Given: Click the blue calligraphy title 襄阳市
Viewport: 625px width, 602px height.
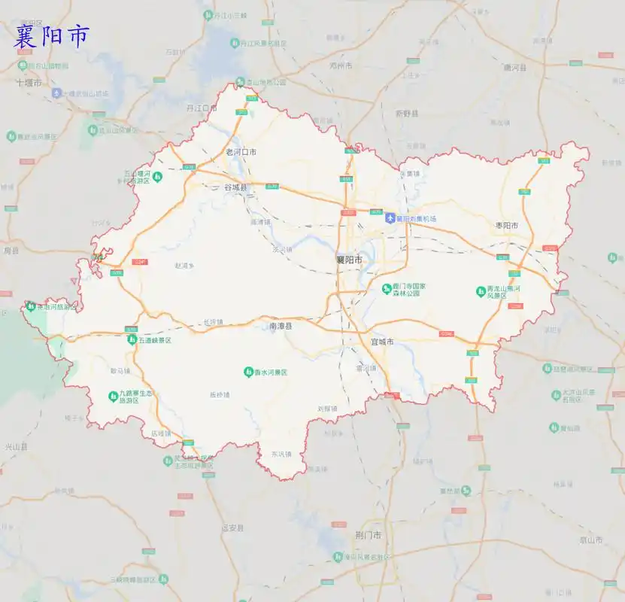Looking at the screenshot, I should [x=51, y=36].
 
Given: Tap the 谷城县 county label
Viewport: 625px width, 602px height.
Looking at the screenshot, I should [x=235, y=187].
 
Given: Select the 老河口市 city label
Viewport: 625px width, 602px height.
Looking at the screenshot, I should [x=241, y=152].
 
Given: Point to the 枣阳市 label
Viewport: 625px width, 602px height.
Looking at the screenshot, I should [x=507, y=226].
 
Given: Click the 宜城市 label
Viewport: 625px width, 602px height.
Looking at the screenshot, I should [x=382, y=342].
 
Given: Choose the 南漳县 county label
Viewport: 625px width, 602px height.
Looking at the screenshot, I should [x=281, y=327].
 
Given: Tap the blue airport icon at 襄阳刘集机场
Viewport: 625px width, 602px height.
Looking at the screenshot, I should [x=390, y=218].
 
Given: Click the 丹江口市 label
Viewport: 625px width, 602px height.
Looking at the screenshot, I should [x=202, y=108].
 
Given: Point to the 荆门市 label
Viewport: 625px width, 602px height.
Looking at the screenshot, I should [x=368, y=535].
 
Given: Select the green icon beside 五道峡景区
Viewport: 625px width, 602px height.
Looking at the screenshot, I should [x=132, y=340].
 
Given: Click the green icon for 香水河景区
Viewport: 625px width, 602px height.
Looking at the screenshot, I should [x=248, y=372].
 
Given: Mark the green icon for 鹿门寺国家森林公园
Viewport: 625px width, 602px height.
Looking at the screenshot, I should [x=385, y=287].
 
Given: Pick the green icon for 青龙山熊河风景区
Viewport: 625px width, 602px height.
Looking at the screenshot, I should [x=481, y=290].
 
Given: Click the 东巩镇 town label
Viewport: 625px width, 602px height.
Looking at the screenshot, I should [x=281, y=455].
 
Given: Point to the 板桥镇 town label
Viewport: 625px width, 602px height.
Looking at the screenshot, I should [x=220, y=394].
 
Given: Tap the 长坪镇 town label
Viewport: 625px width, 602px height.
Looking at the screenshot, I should [x=214, y=322].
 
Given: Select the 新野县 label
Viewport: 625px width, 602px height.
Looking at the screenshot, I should [x=406, y=114].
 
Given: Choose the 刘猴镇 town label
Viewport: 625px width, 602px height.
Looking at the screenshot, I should [x=327, y=409].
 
